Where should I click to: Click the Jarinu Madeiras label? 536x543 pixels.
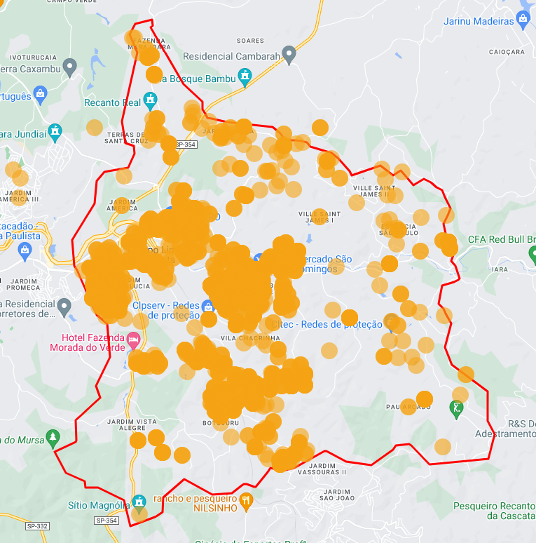(x=479, y=21)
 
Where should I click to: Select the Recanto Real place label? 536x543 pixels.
(x=112, y=102)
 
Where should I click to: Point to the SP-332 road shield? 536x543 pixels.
(x=39, y=526)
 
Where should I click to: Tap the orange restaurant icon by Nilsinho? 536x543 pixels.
(x=245, y=500)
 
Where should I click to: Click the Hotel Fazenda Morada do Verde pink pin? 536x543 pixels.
(x=133, y=340)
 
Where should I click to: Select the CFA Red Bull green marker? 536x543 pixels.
(x=530, y=240)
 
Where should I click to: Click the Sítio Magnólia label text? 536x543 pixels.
(x=99, y=505)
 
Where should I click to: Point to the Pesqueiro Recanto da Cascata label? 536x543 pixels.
(x=494, y=511)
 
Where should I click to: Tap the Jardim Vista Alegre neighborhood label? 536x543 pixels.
(x=132, y=424)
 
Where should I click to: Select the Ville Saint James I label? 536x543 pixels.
(x=319, y=217)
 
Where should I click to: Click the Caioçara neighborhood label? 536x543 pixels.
(x=507, y=52)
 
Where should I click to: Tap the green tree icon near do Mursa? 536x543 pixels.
(x=52, y=438)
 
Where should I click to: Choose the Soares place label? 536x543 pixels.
(x=250, y=41)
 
